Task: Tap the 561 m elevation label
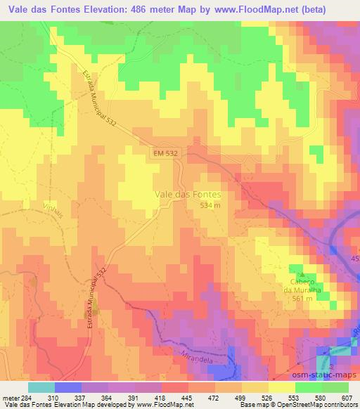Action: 303,298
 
